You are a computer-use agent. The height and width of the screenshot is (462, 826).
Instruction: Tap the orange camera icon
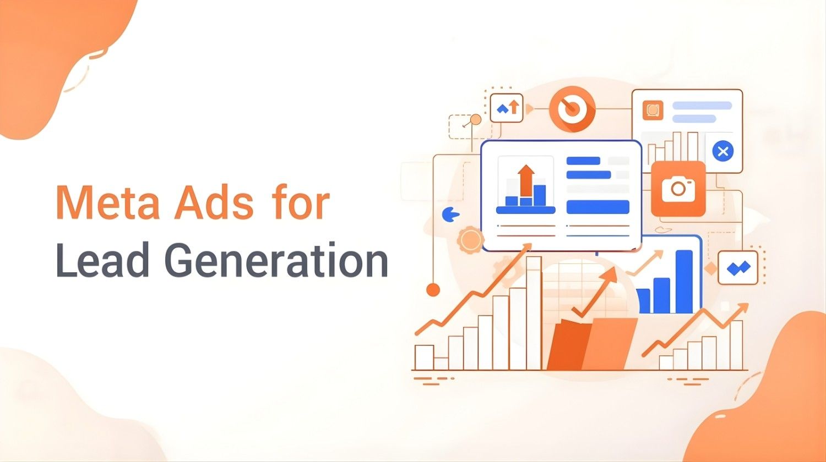pyautogui.click(x=678, y=189)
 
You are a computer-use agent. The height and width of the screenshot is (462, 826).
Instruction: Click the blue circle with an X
pyautogui.click(x=723, y=151)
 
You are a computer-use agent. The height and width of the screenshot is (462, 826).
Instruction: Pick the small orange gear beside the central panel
pyautogui.click(x=470, y=240)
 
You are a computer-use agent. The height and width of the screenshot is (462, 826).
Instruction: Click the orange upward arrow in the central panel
pyautogui.click(x=526, y=179)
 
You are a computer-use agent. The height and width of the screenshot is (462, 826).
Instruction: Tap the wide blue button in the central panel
pyautogui.click(x=597, y=207)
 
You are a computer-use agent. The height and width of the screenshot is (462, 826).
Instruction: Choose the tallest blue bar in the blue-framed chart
pyautogui.click(x=684, y=281)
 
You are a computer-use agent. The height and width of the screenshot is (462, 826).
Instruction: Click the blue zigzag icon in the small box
pyautogui.click(x=738, y=268)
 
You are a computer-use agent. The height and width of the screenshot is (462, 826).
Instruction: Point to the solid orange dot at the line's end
pyautogui.click(x=433, y=289)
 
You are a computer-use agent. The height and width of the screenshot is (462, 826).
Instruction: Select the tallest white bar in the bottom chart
pyautogui.click(x=534, y=312)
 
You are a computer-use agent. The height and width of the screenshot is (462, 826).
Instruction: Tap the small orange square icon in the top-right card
pyautogui.click(x=653, y=110)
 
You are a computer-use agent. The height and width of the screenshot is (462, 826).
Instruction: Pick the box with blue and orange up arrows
pyautogui.click(x=507, y=107)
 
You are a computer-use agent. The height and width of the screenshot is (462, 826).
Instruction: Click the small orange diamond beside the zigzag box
pyautogui.click(x=711, y=269)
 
